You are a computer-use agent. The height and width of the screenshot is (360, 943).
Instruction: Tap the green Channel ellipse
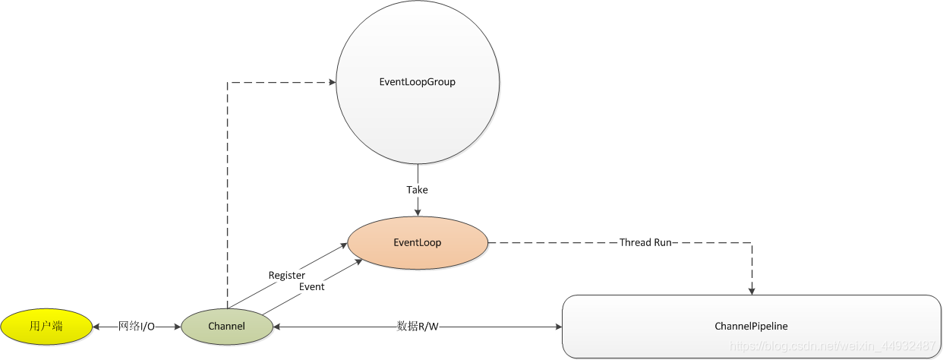coord(226,327)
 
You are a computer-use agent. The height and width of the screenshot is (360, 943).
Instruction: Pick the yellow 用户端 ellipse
coord(46,327)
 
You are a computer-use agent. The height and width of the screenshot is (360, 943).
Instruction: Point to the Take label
coord(417,190)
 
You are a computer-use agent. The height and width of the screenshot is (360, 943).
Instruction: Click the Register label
coord(287,275)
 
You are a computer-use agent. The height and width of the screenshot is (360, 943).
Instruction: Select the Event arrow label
coord(311,287)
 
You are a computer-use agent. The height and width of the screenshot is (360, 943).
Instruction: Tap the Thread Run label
coord(646,243)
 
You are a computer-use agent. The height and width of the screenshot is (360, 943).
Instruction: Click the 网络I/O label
coord(137,327)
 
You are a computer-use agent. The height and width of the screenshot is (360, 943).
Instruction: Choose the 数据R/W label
coord(418,327)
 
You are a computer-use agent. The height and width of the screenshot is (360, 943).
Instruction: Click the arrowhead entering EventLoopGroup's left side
coord(332,82)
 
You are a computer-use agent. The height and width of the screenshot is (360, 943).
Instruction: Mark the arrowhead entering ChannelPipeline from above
coord(752,290)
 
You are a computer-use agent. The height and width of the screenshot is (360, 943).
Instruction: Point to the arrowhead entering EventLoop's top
coord(418,213)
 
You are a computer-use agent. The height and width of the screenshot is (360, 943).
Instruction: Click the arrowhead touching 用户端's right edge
coord(96,327)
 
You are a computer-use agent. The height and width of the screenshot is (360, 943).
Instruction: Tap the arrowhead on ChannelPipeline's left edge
coord(557,327)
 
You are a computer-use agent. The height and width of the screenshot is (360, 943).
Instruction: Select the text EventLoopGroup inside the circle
coord(417,82)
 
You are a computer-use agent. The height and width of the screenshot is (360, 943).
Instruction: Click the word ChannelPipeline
coord(751,327)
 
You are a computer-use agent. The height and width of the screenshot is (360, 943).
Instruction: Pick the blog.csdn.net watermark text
coord(832,346)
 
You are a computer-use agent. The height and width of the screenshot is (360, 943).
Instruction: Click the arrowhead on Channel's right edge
coord(277,327)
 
